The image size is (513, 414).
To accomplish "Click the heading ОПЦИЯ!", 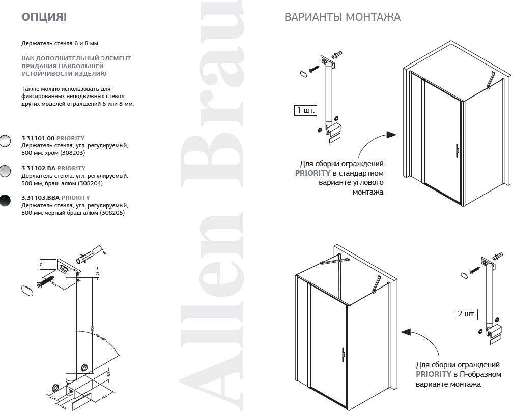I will click(x=44, y=17).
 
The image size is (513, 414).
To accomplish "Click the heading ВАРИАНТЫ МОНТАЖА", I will click(x=342, y=17).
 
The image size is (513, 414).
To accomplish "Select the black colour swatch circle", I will click(x=5, y=201).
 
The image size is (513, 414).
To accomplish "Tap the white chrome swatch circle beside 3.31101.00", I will click(x=5, y=141).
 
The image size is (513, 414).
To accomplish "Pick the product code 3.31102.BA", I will click(x=38, y=168).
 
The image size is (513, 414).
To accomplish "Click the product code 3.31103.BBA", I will click(x=40, y=198).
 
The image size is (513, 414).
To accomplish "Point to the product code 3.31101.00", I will click(x=38, y=138).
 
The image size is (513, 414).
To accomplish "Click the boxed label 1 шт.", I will click(x=305, y=110).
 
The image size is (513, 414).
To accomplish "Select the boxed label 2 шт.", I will click(x=466, y=314).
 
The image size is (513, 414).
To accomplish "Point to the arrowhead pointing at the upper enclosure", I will click(x=391, y=135).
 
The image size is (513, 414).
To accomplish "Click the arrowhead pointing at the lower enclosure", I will click(x=406, y=332).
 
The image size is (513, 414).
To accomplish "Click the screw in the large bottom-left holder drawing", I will click(x=47, y=279).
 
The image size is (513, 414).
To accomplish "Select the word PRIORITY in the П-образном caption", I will click(x=432, y=374).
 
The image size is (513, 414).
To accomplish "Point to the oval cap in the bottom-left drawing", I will click(x=27, y=290).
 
